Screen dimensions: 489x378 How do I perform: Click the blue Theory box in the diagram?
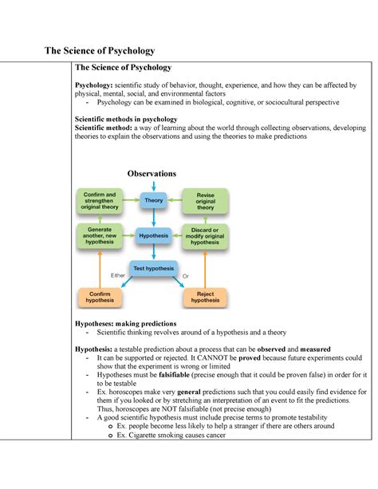[154, 200]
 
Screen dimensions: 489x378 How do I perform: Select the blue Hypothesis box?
[154, 236]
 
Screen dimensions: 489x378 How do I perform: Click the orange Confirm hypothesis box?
[100, 298]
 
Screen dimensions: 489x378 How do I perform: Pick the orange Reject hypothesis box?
[206, 298]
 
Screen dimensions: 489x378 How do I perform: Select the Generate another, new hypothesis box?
[100, 236]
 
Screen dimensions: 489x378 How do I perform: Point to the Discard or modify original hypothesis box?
[206, 236]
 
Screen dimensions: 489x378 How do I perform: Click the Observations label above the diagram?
[151, 174]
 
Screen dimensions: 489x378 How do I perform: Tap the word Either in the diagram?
[119, 276]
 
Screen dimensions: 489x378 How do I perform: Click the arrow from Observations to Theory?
[153, 186]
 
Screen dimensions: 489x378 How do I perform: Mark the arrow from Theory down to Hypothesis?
[153, 219]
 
